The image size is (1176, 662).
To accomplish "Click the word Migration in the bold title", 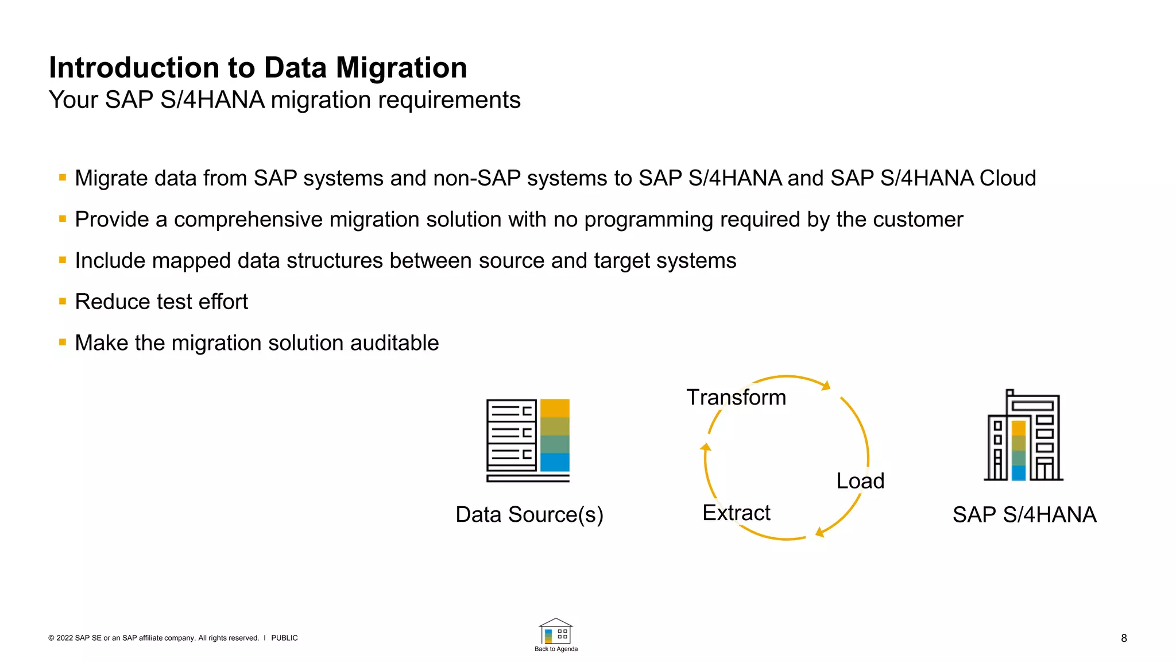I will [401, 68].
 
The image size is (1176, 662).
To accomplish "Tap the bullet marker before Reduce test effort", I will [63, 301].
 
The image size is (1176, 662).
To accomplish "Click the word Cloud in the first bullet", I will [1007, 178].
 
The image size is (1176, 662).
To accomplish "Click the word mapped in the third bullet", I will [192, 261].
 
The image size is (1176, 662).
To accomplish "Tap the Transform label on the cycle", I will [736, 397].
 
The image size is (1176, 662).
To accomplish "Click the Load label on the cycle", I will [860, 480].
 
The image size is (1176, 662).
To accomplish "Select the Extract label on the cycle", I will [736, 512].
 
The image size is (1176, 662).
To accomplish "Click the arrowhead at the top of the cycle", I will [826, 385].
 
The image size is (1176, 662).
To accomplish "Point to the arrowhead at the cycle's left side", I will [706, 447].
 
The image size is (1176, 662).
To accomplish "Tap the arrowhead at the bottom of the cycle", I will [820, 532].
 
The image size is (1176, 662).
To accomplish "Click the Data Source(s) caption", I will [529, 514].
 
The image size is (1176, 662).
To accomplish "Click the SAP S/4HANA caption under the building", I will [1024, 514].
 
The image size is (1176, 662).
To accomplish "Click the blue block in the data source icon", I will [555, 462].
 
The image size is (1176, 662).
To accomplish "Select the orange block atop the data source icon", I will [555, 408].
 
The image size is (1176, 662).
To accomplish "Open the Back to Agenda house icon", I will [555, 632].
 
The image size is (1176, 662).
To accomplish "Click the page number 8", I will [1124, 638].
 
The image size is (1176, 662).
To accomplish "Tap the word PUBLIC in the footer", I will [284, 638].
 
